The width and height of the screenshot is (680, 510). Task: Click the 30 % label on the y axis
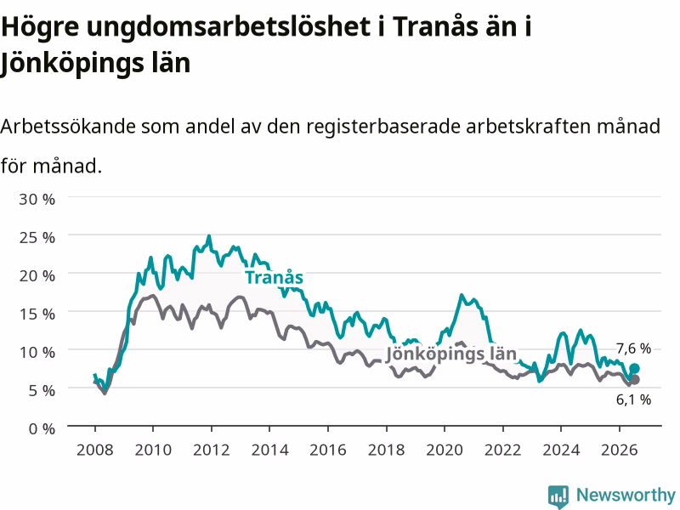pos(37,199)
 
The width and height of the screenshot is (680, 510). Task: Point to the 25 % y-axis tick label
pos(37,237)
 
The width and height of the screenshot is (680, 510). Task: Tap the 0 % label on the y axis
pos(42,428)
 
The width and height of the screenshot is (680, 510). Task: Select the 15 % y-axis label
pos(37,314)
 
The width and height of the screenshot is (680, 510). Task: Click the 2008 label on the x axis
pos(94,450)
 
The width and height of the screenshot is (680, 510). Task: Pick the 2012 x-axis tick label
pos(211,450)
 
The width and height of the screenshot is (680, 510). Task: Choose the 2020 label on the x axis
pos(445,450)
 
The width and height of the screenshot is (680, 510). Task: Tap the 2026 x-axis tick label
pos(620,450)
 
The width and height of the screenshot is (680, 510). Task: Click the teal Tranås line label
pos(274,277)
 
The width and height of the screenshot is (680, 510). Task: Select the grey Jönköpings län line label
pos(451,354)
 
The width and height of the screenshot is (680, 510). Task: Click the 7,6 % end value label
pos(633,348)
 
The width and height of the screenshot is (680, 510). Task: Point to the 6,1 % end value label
pos(633,399)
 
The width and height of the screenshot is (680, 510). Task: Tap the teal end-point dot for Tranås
pos(634,369)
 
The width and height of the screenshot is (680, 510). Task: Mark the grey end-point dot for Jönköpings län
pos(634,379)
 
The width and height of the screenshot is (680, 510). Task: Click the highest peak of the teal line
pos(209,236)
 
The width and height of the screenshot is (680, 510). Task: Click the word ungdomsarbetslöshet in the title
pos(228,27)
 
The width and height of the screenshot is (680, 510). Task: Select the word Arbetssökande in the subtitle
pos(68,127)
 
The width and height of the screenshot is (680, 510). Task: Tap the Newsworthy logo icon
pos(558,496)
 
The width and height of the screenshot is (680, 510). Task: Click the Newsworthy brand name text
pos(626,495)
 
